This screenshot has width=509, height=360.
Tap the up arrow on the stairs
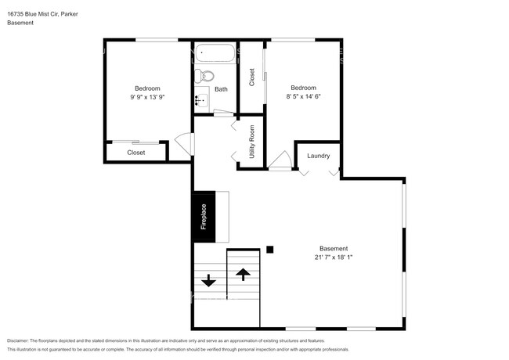[243, 275]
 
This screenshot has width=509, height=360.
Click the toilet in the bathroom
[205, 76]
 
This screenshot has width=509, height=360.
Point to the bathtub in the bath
[215, 55]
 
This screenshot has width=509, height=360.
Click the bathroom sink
[200, 100]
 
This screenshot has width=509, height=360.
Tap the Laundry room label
[318, 156]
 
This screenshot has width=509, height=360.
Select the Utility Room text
[252, 142]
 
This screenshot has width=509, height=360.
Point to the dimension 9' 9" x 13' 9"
[147, 97]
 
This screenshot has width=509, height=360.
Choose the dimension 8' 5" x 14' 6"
[304, 96]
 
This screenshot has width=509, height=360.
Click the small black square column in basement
[269, 250]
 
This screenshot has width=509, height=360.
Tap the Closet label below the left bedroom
[136, 153]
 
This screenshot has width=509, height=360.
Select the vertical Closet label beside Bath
[252, 77]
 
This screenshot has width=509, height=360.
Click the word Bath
[222, 89]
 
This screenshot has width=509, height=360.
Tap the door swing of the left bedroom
[184, 144]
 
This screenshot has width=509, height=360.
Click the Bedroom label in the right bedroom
[304, 87]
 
